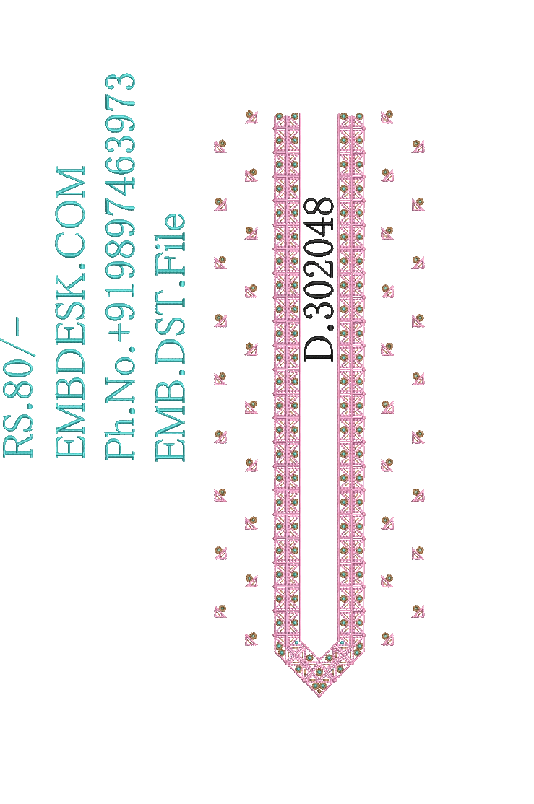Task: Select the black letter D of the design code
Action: (319, 347)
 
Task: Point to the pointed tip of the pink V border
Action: (319, 697)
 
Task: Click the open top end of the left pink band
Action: (287, 115)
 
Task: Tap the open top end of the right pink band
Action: (351, 115)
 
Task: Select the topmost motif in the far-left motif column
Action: (220, 146)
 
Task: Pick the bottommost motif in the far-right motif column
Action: (418, 611)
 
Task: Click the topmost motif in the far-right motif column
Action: (418, 146)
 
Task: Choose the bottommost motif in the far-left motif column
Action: (220, 611)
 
